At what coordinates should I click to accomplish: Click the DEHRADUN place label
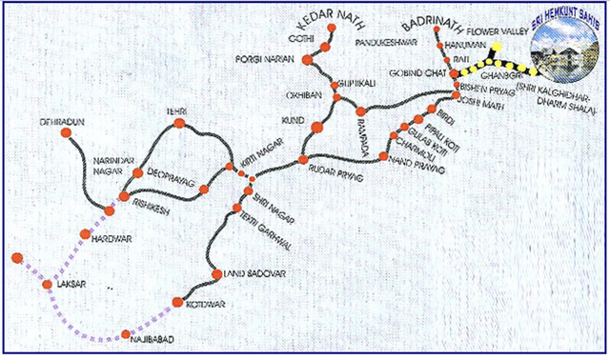(37, 123)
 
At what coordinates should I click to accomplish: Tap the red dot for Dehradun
(67, 133)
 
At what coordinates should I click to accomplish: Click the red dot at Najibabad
(126, 334)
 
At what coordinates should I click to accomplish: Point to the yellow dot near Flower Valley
(498, 45)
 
